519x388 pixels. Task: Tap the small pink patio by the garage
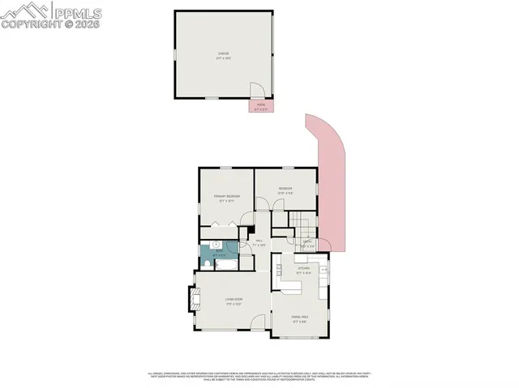click(261, 105)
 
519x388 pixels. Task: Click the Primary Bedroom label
click(227, 198)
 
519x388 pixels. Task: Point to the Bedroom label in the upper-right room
click(285, 191)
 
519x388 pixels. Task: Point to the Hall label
click(259, 242)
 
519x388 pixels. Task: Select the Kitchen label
click(304, 270)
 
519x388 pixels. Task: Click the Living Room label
click(234, 301)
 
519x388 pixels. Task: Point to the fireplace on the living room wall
click(193, 300)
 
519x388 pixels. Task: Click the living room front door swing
click(258, 322)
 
